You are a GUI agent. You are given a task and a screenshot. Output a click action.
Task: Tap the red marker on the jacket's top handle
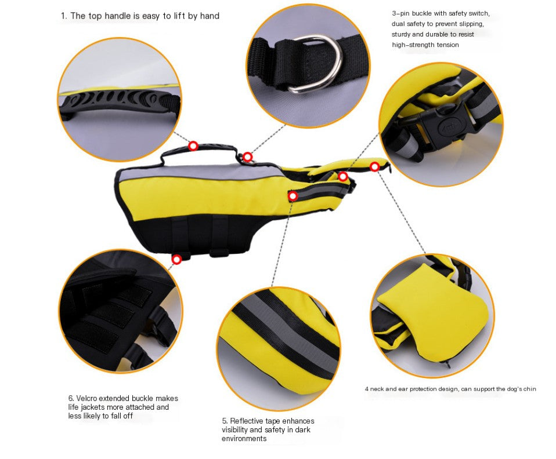point(193,145)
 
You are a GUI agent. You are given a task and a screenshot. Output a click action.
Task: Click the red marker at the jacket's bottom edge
point(176,259)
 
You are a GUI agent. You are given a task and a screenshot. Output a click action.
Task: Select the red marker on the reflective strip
point(293,196)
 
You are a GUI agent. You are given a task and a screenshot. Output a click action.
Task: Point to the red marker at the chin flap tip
point(375,167)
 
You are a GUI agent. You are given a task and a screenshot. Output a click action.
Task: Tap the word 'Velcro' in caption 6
point(88,398)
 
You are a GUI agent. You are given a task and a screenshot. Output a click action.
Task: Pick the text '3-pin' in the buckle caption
point(401,13)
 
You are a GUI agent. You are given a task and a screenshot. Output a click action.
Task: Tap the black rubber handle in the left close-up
point(119,101)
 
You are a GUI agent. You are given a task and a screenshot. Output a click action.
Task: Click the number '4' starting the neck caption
point(366,389)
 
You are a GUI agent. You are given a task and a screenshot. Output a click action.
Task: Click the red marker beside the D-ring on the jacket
point(247,156)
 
